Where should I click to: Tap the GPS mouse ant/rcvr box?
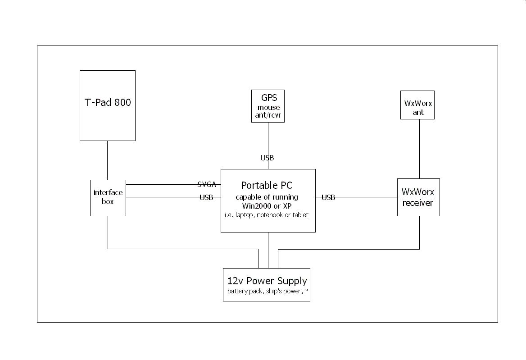(268, 106)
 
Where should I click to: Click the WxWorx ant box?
(417, 105)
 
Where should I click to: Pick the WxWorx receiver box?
(418, 197)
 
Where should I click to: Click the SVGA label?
(207, 184)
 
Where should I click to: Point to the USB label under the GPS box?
(267, 158)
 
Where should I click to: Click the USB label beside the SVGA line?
(206, 197)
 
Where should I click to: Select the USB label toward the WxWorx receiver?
(328, 197)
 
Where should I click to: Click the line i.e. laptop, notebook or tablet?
(267, 215)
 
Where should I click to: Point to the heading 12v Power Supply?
(267, 281)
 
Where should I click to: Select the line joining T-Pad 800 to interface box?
(107, 160)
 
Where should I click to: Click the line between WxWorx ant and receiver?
(420, 149)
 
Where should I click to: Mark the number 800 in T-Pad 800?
(122, 102)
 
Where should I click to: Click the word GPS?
(269, 98)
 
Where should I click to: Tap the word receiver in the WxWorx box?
(418, 203)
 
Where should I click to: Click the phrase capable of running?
(267, 197)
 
